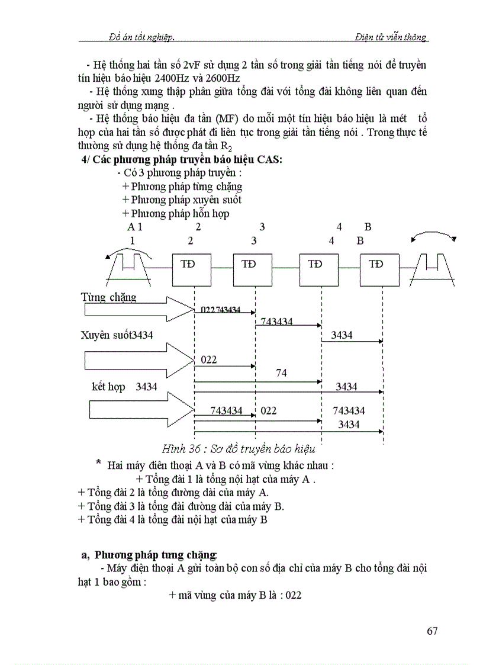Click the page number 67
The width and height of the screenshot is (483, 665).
[x=432, y=631]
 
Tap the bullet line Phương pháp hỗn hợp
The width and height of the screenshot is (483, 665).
[x=176, y=214]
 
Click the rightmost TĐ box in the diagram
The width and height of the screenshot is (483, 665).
[x=379, y=264]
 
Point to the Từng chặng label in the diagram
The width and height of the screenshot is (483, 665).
[x=108, y=297]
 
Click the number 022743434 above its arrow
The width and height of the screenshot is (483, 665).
[x=220, y=309]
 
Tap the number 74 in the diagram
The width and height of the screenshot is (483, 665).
[x=281, y=373]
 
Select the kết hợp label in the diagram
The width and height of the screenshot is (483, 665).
[x=109, y=387]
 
